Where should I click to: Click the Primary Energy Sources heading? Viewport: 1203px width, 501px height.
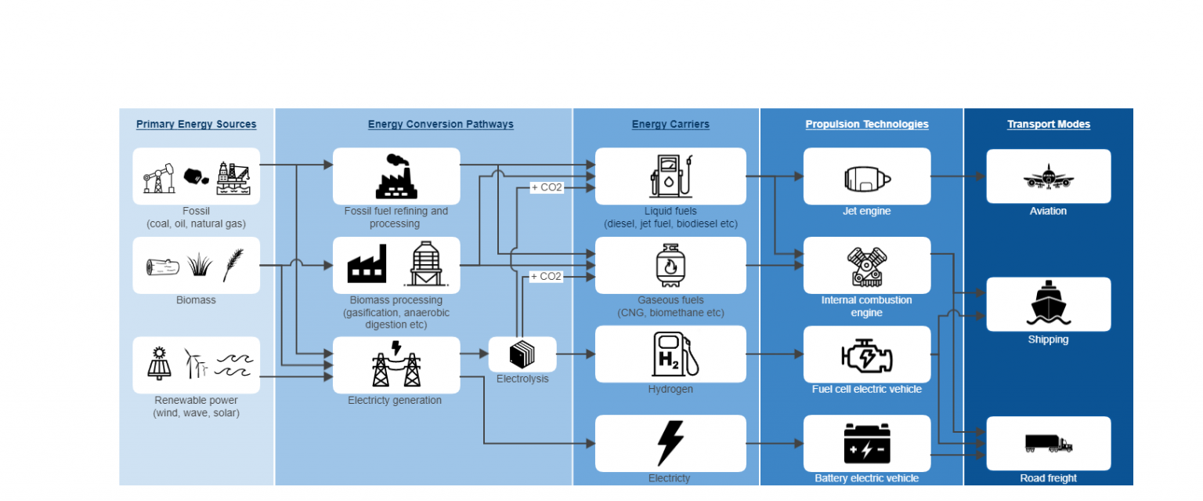coord(196,125)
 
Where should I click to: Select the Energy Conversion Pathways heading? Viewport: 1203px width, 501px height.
coord(440,125)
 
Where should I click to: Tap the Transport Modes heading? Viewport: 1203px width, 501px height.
coord(1048,125)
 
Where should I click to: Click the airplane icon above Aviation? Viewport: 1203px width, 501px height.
coord(1048,176)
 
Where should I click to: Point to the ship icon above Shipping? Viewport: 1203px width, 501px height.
coord(1048,303)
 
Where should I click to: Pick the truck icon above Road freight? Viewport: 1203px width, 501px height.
coord(1048,444)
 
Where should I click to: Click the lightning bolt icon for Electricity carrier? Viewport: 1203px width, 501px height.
coord(670,443)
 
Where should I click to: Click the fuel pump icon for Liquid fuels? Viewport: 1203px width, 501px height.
coord(670,176)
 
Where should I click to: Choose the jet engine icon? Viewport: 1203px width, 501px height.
coord(866,177)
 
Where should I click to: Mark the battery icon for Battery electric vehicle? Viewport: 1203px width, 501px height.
coord(866,443)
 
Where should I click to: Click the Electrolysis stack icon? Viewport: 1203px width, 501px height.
coord(522,355)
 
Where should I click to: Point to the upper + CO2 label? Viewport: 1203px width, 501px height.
coord(547,187)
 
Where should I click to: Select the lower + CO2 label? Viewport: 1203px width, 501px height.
coord(547,277)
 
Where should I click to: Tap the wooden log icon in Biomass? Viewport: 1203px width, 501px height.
coord(162,267)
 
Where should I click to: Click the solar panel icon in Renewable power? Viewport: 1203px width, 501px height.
coord(159,363)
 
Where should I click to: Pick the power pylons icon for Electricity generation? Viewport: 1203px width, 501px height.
coord(396,365)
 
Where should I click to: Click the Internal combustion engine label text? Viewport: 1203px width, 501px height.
coord(866,307)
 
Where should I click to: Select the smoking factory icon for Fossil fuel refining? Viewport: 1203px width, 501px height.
coord(396,176)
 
